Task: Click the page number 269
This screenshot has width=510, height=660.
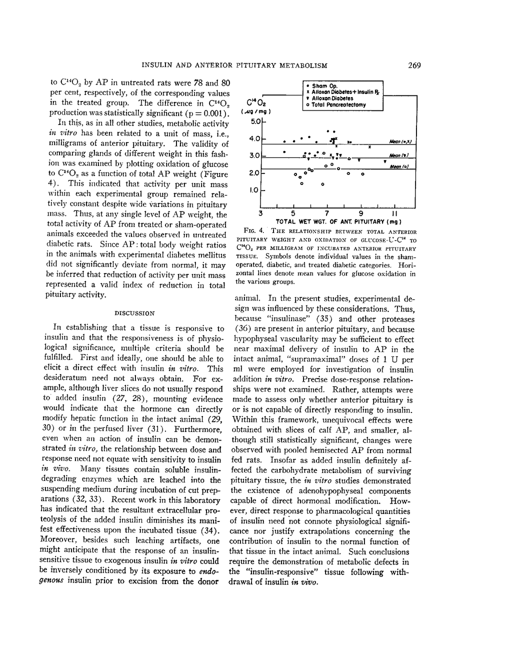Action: point(414,65)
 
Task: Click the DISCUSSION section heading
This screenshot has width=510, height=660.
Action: point(134,313)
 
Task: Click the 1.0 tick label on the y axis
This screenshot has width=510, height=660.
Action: point(253,190)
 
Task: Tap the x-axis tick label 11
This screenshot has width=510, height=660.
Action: point(394,214)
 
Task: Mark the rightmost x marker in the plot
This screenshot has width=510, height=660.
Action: point(369,147)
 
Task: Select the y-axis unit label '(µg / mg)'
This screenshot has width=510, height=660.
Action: point(249,112)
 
